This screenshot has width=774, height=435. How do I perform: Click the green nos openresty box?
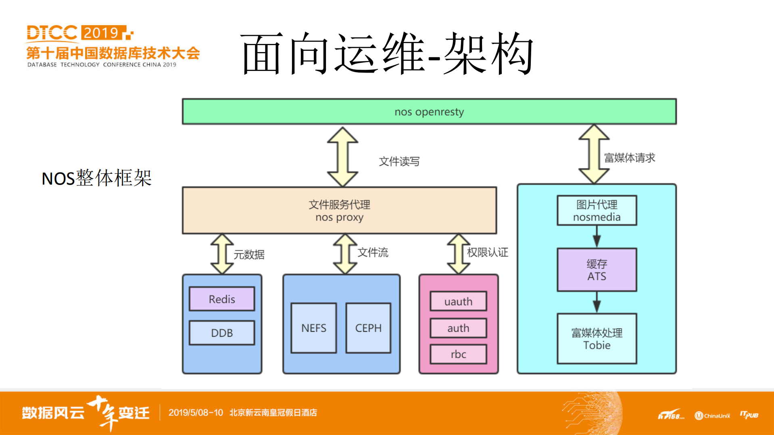point(429,112)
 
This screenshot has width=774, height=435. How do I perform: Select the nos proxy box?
point(339,210)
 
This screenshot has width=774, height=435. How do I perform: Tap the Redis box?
point(222,299)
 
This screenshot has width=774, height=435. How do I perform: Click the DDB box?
point(222,333)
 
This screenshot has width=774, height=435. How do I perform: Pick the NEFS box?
point(314,328)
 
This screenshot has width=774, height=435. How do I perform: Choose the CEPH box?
point(368,328)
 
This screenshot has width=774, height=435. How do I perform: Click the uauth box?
point(458,302)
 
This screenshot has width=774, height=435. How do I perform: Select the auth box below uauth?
point(458,328)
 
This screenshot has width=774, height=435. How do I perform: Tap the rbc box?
point(458,354)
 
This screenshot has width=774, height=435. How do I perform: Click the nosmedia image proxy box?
point(597,210)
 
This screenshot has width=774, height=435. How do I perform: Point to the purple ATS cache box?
point(597,270)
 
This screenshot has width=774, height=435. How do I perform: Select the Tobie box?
point(597,339)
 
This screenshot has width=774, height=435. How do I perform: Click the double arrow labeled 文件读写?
point(342,157)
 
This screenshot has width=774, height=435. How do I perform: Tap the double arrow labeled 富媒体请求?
point(594,154)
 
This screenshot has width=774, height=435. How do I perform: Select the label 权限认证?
point(487,252)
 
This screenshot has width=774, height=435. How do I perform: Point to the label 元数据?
point(249,255)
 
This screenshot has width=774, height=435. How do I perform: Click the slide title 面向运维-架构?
point(387,54)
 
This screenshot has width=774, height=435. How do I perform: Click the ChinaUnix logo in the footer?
point(712,416)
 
